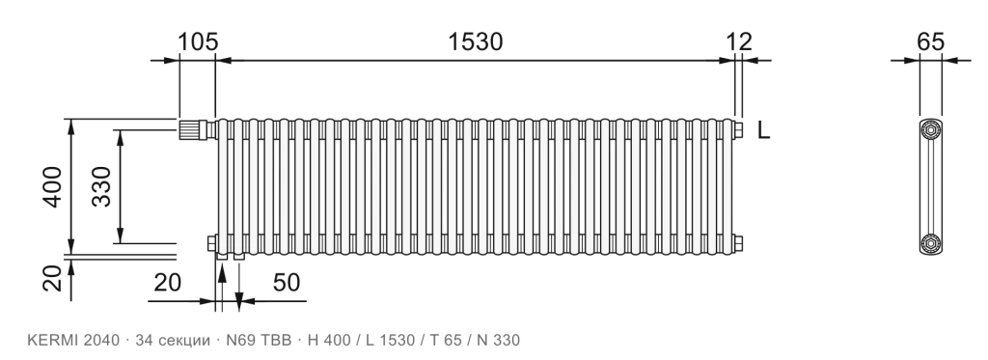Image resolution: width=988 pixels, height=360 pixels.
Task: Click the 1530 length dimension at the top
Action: [475, 42]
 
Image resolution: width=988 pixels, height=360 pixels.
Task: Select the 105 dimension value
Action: [197, 42]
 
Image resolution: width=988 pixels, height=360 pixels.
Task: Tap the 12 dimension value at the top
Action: [739, 42]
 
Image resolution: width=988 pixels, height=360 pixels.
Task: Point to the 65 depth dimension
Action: [931, 42]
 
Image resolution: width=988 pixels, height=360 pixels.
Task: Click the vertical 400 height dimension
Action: [53, 186]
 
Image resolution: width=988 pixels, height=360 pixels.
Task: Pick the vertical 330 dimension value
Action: [100, 186]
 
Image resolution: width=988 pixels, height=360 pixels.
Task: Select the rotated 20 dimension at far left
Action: [53, 278]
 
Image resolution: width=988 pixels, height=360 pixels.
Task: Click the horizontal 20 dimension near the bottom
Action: [168, 283]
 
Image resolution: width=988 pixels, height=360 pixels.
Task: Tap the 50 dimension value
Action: [286, 283]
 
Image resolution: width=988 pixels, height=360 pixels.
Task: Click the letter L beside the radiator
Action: [763, 130]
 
